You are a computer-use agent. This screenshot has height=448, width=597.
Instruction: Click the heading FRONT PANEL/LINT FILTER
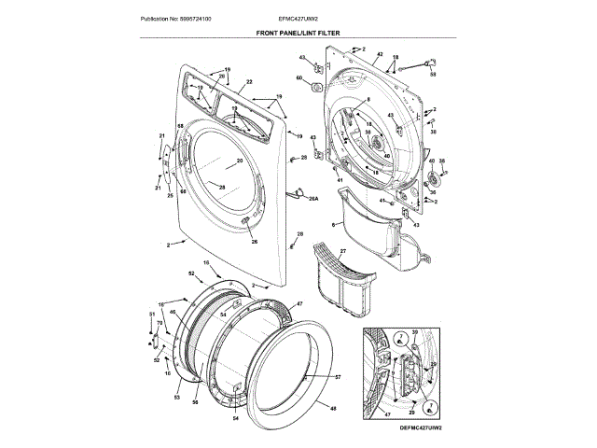[x=298, y=32]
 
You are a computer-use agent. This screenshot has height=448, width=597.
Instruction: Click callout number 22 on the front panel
[x=249, y=83]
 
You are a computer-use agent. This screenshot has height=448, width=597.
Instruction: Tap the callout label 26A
[x=313, y=198]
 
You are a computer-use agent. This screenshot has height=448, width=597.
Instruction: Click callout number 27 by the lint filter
[x=342, y=252]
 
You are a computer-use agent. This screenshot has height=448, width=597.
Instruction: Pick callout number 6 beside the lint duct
[x=333, y=225]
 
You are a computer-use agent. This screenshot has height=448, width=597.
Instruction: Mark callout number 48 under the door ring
[x=332, y=409]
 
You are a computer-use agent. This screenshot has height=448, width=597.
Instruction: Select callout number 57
[x=338, y=377]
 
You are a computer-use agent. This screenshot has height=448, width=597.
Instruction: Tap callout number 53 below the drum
[x=176, y=399]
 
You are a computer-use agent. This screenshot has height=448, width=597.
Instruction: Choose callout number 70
[x=160, y=324]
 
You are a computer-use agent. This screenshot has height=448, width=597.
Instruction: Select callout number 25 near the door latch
[x=171, y=195]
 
